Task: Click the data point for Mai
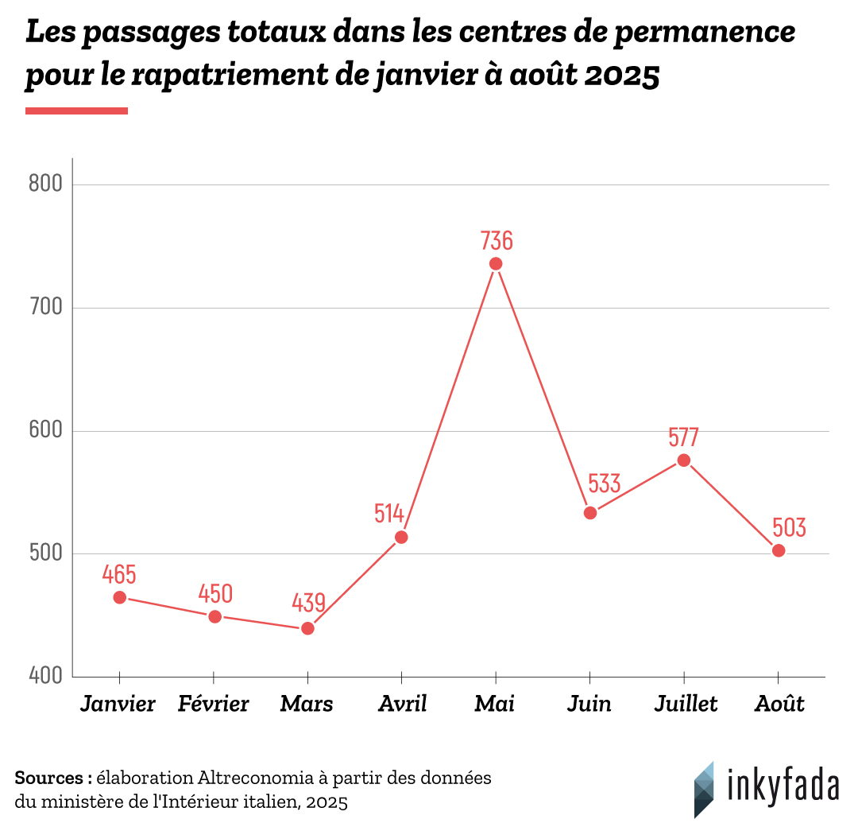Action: click(496, 264)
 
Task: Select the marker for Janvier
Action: click(119, 597)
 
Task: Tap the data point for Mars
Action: click(307, 628)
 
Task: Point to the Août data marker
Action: click(779, 550)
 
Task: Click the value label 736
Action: click(497, 239)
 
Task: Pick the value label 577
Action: click(683, 437)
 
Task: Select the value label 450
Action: click(215, 594)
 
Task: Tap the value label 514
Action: click(389, 514)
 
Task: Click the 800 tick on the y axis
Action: click(44, 184)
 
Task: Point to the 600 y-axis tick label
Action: click(44, 431)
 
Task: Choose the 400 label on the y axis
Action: click(44, 677)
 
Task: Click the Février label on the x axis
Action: click(214, 705)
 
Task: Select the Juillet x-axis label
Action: click(686, 705)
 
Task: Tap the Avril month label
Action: click(402, 705)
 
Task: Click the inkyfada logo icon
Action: click(703, 789)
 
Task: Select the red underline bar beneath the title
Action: click(76, 111)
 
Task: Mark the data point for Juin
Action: click(590, 513)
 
